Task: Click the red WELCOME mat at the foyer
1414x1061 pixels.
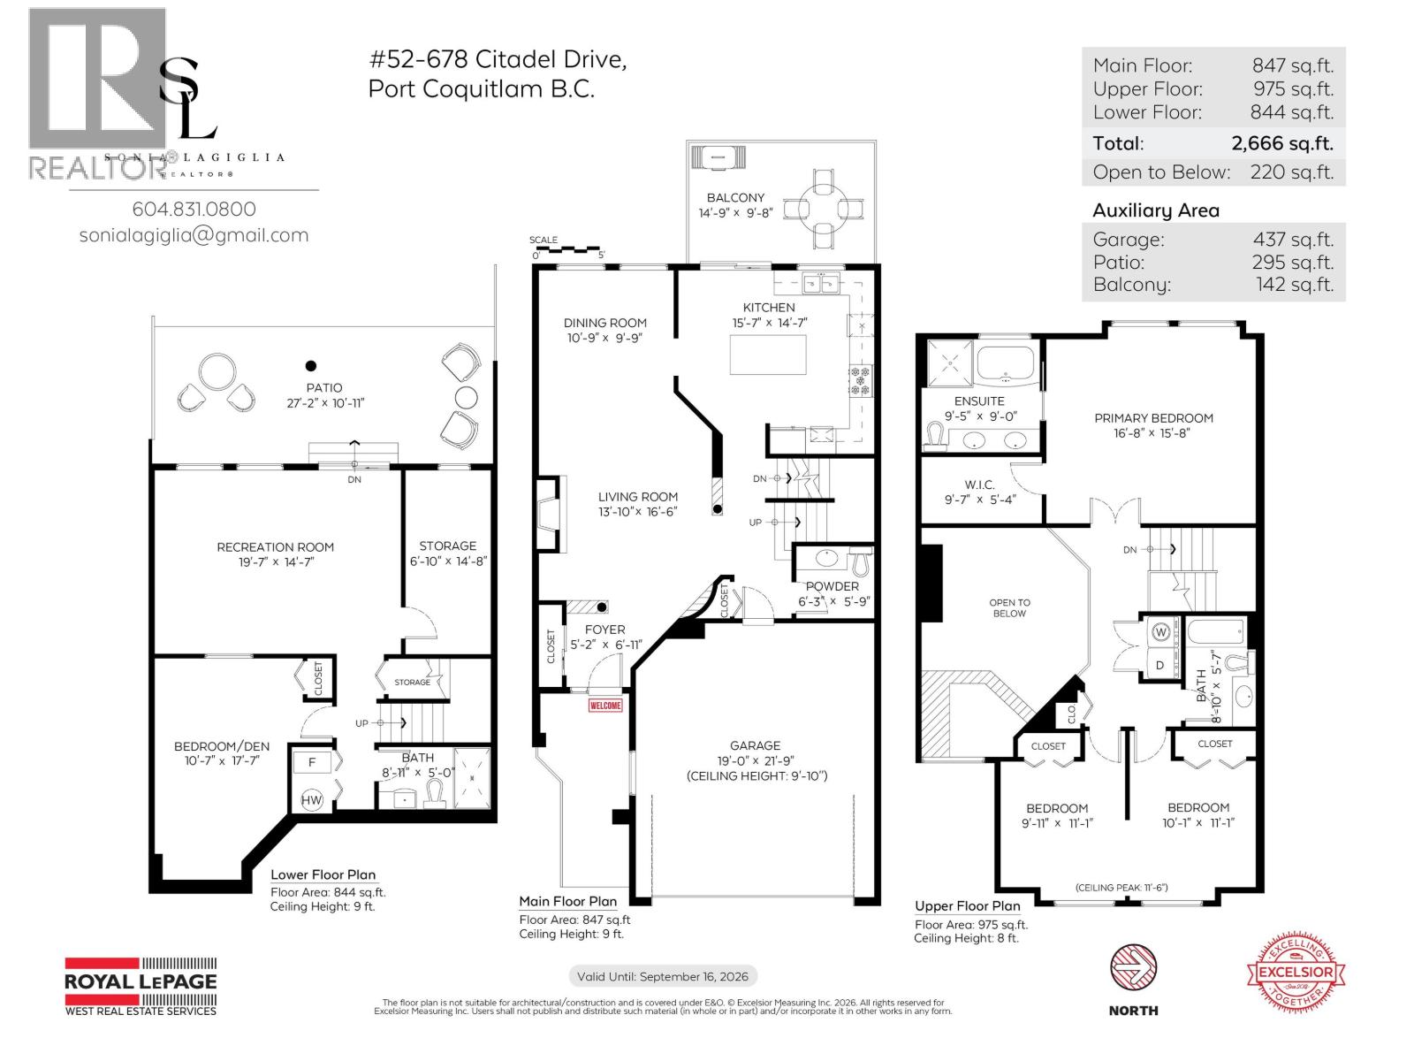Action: click(605, 705)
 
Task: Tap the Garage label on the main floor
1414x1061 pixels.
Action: click(755, 745)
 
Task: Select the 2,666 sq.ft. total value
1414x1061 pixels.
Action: click(1281, 143)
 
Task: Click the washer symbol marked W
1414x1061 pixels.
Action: click(1160, 632)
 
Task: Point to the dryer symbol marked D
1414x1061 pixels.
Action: click(1160, 665)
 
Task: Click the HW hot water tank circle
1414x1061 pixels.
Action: click(312, 800)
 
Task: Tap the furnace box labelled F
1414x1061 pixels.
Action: click(312, 762)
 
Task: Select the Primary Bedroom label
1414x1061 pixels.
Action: click(1153, 418)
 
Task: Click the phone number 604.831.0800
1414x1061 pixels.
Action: click(194, 210)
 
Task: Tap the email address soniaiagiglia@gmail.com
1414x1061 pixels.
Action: click(194, 235)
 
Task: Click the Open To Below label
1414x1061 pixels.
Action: click(1009, 607)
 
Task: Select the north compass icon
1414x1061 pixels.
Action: click(1133, 968)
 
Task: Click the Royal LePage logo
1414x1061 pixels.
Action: click(141, 986)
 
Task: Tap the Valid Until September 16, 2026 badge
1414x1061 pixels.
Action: click(662, 976)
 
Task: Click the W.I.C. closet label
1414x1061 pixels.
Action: click(979, 485)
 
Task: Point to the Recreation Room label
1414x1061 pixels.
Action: click(275, 547)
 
